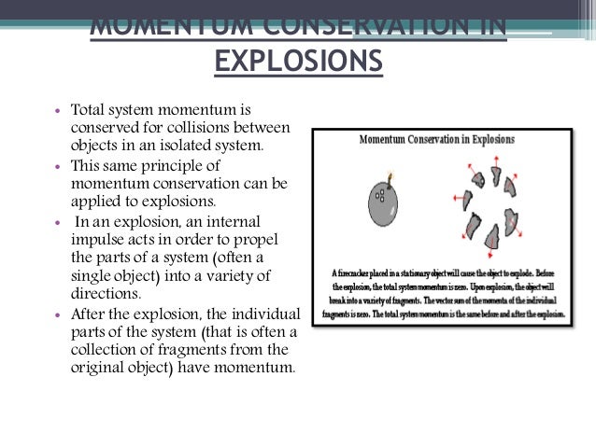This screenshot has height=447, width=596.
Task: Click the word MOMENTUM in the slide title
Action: click(164, 24)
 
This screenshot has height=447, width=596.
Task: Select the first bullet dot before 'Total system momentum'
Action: click(59, 110)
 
